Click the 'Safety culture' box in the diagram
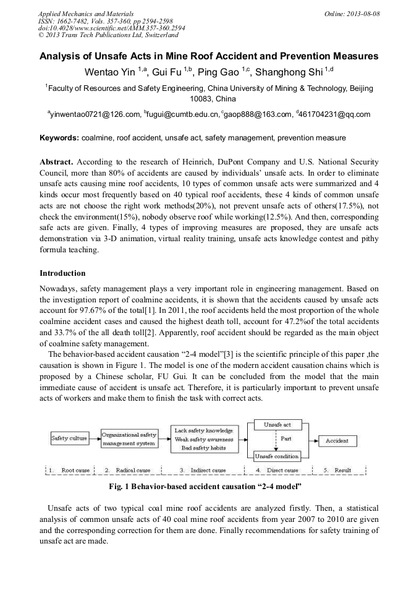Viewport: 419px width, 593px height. point(69,438)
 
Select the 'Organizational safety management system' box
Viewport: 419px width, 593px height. point(129,439)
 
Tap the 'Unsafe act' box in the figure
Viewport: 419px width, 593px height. point(277,425)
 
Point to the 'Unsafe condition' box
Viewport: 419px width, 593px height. point(277,456)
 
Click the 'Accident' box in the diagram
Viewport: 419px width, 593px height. point(337,441)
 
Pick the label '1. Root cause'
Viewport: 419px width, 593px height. point(70,470)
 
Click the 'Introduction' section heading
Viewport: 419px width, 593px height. point(62,273)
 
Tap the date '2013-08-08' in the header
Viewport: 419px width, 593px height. point(364,14)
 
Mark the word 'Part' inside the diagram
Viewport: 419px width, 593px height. point(286,439)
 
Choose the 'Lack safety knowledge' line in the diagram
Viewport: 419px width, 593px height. point(203,430)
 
